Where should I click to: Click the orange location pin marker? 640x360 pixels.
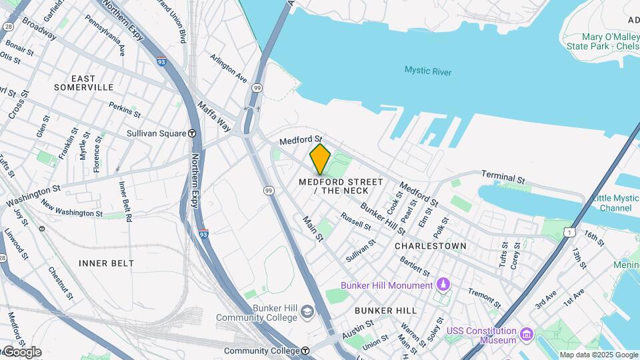pos(320,159)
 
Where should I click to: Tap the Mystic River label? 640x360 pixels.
pos(427,71)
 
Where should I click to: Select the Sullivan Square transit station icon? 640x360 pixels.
pos(192,133)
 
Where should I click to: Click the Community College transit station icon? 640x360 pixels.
pos(305,351)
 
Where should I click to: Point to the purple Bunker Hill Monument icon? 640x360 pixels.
pos(443,285)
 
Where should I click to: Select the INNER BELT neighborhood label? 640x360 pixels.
pos(107,263)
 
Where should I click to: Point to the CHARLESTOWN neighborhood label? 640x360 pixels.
pos(430,246)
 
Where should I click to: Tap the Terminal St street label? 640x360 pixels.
pos(503,179)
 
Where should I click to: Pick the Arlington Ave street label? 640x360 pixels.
pos(228,68)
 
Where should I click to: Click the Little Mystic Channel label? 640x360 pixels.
pos(611,203)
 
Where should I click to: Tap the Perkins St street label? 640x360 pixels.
pos(125,109)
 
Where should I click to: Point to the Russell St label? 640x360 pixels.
pos(355,221)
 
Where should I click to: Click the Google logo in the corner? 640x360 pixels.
pos(21,352)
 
